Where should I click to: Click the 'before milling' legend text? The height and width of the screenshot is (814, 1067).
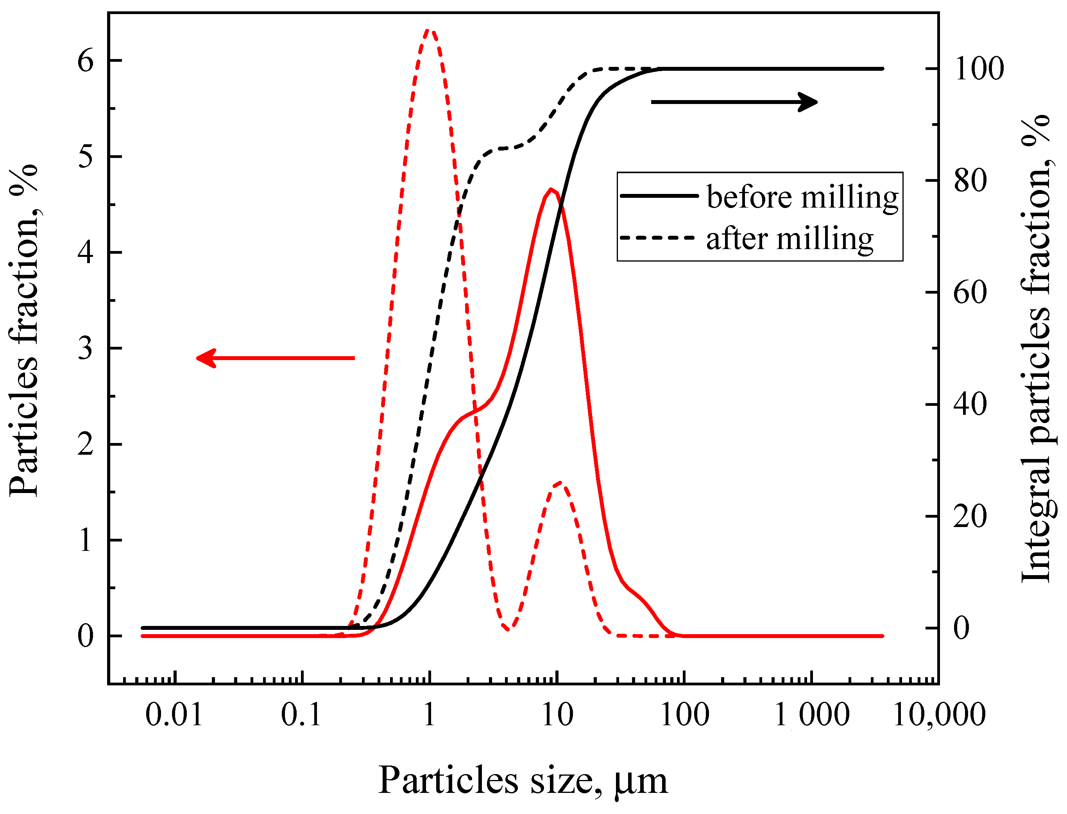pyautogui.click(x=802, y=198)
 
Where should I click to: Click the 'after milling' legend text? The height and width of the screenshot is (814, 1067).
pyautogui.click(x=790, y=239)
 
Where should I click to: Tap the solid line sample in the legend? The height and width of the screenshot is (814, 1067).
pyautogui.click(x=659, y=196)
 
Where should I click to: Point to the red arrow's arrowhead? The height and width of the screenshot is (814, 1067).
pyautogui.click(x=206, y=358)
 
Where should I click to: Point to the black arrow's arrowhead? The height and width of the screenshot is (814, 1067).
pyautogui.click(x=808, y=102)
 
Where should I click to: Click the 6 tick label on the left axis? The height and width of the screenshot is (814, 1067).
pyautogui.click(x=85, y=61)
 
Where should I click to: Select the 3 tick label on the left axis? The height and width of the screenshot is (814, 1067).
pyautogui.click(x=85, y=348)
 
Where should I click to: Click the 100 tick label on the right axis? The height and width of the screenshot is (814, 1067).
pyautogui.click(x=979, y=69)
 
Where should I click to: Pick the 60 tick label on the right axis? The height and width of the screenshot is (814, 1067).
pyautogui.click(x=970, y=293)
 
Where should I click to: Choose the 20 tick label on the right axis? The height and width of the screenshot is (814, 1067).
pyautogui.click(x=970, y=516)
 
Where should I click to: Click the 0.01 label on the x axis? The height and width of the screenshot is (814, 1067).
pyautogui.click(x=174, y=714)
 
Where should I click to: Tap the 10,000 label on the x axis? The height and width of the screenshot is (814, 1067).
pyautogui.click(x=939, y=714)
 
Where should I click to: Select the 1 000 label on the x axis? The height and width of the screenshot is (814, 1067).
pyautogui.click(x=812, y=714)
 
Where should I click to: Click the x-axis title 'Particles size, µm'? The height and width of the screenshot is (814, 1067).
pyautogui.click(x=523, y=780)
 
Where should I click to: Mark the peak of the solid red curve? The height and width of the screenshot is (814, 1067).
pyautogui.click(x=551, y=190)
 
